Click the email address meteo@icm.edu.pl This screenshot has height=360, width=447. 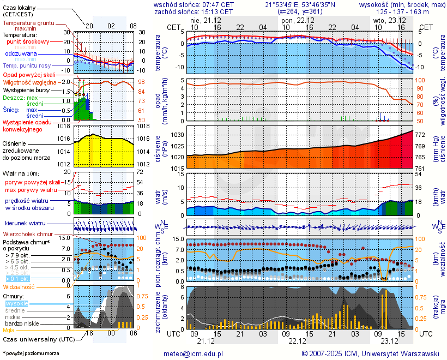click(x=194, y=353)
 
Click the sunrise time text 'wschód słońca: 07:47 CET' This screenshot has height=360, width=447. click(x=194, y=4)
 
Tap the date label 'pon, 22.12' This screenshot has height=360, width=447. click(x=295, y=20)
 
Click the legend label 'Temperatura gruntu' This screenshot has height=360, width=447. click(x=28, y=23)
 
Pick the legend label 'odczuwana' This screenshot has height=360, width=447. click(x=21, y=54)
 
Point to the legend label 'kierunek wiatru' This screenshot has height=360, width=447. click(x=25, y=224)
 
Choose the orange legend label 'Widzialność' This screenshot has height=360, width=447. click(x=19, y=286)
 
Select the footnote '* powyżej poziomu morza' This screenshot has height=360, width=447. click(x=31, y=353)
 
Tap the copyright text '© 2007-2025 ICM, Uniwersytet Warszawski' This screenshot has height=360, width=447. click(x=370, y=353)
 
